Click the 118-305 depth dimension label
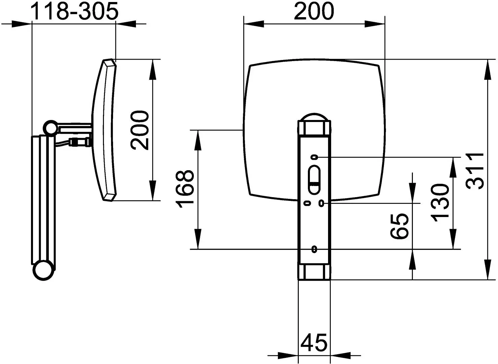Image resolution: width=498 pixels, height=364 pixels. pyautogui.click(x=74, y=11)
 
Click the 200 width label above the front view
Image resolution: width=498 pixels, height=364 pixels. pyautogui.click(x=314, y=11)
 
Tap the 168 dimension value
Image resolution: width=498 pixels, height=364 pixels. pyautogui.click(x=185, y=189)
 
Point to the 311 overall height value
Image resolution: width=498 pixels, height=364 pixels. pyautogui.click(x=475, y=171)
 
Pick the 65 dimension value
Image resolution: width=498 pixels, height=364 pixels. pyautogui.click(x=399, y=226)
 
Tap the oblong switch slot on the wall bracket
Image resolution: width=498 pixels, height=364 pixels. pyautogui.click(x=314, y=180)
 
